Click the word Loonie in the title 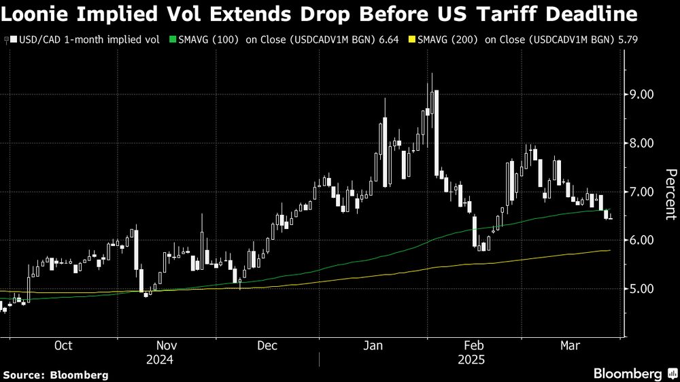pos(35,14)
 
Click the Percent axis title pos(670,194)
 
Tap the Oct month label pos(63,346)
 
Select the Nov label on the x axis pos(167,346)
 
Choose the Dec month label pos(267,346)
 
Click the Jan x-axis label pos(373,346)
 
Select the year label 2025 pos(471,360)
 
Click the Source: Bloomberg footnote pos(55,375)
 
